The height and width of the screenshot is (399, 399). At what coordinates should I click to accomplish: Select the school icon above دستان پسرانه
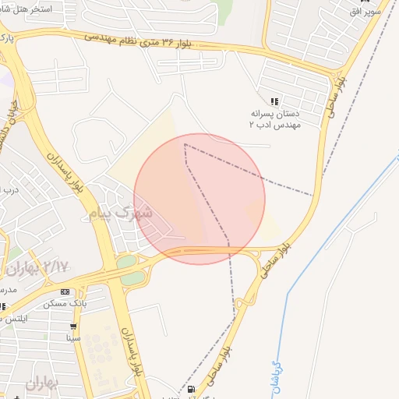(x=274, y=101)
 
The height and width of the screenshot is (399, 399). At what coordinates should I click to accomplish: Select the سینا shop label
(x=74, y=338)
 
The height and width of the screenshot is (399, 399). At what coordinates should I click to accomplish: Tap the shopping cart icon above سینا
(x=73, y=327)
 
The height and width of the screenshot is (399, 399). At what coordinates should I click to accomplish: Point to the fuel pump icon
(x=191, y=390)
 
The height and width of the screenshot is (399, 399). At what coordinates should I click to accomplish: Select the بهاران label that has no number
(x=43, y=383)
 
